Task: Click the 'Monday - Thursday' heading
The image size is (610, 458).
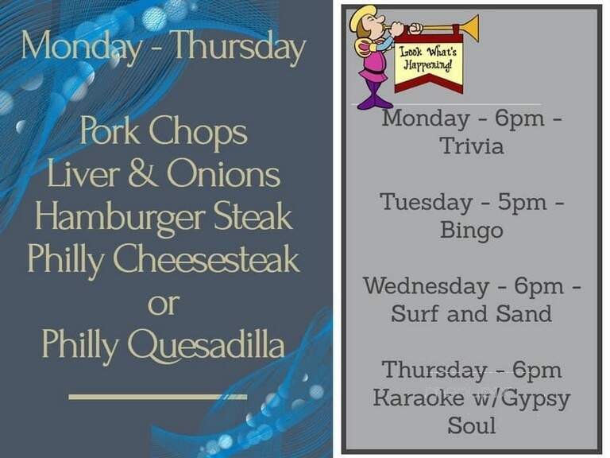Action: (x=164, y=47)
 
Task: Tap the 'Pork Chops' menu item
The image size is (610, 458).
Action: (x=164, y=132)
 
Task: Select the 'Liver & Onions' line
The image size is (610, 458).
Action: (x=164, y=175)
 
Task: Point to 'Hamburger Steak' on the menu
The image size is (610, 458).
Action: (x=164, y=217)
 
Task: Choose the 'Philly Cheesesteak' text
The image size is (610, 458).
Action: (x=164, y=259)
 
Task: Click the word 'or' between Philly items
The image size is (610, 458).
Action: (x=164, y=304)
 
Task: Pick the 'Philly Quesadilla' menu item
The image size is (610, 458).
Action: (x=164, y=345)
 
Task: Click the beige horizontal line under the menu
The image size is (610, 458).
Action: (x=158, y=395)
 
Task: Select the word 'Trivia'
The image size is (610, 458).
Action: (x=472, y=146)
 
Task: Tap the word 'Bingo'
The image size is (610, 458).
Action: (x=472, y=230)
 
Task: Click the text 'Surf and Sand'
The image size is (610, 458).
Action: (x=472, y=313)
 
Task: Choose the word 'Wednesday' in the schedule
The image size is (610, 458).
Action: (x=426, y=285)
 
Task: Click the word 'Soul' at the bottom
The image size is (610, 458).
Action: (x=472, y=425)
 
